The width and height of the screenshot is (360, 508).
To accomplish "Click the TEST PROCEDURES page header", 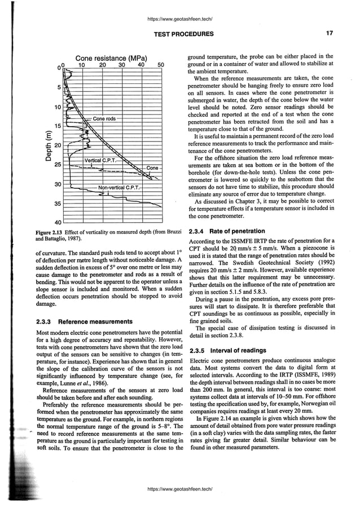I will point(184,34).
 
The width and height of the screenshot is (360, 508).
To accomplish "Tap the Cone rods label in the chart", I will point(104,118).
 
